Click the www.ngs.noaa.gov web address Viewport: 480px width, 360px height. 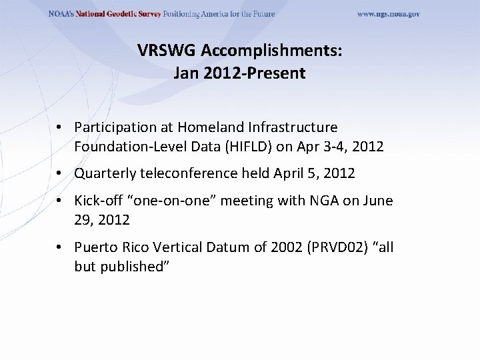(x=388, y=15)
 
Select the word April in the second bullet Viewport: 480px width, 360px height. (x=287, y=174)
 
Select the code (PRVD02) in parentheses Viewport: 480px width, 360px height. (x=333, y=247)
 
